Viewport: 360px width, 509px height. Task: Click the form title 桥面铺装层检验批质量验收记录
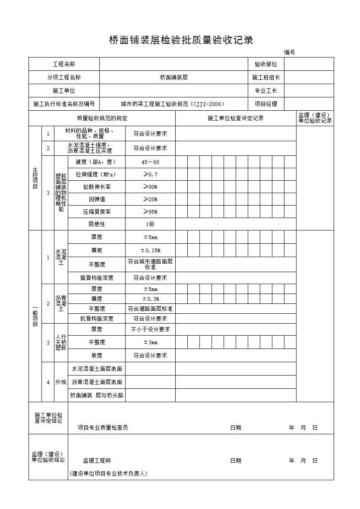181,40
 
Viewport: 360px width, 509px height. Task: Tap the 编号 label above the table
289,53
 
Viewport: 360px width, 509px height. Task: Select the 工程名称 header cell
64,64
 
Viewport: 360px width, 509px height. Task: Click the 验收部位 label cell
266,64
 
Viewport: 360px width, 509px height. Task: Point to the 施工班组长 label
266,78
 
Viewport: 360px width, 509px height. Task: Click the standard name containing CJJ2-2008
173,104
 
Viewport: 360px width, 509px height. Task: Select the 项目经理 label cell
266,104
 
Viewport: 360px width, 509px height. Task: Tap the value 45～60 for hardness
150,162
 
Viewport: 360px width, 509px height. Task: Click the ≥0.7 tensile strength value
150,175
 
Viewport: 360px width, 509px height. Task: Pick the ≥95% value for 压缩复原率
150,212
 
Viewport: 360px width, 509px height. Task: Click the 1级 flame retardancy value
150,224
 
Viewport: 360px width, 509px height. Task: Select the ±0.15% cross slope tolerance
150,251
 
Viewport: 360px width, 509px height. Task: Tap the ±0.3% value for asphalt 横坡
150,299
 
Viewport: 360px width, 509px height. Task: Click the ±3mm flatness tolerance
150,342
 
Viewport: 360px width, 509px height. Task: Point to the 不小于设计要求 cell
150,330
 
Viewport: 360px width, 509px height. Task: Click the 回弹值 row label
97,200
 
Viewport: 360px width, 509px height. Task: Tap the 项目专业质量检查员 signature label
103,428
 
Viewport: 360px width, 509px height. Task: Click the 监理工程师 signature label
97,461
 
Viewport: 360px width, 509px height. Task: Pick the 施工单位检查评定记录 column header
235,118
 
